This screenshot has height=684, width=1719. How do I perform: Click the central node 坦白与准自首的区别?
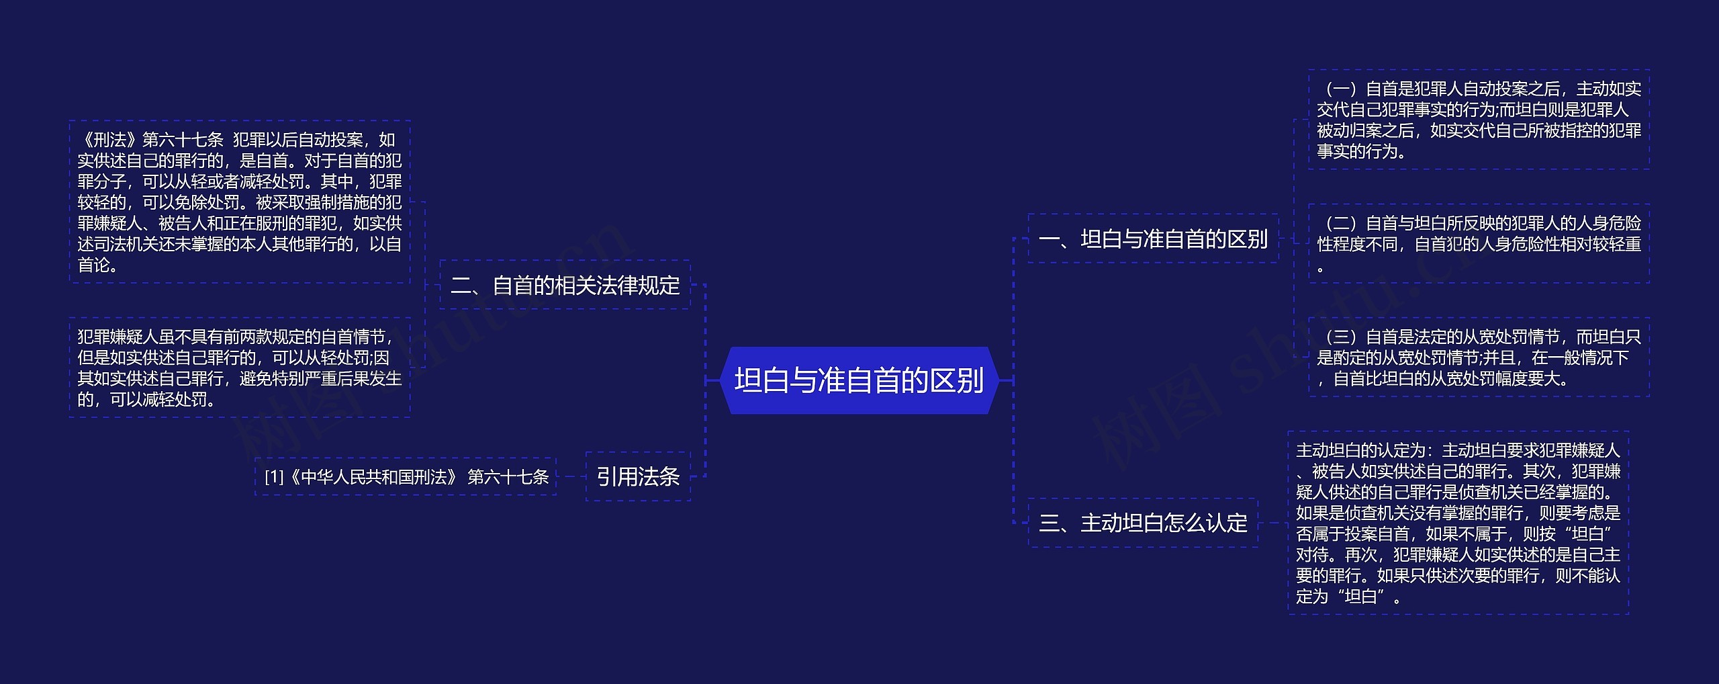pyautogui.click(x=859, y=380)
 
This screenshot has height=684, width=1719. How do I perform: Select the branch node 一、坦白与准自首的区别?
pyautogui.click(x=1153, y=239)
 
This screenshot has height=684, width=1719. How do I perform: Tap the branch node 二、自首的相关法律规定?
pyautogui.click(x=565, y=285)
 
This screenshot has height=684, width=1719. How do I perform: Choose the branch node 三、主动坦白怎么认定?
pyautogui.click(x=1143, y=523)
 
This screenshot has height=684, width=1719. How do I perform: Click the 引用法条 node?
pyautogui.click(x=638, y=476)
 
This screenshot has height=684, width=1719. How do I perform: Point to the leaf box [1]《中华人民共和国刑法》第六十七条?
pyautogui.click(x=406, y=476)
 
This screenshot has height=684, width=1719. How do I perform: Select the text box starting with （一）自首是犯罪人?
pyautogui.click(x=1479, y=120)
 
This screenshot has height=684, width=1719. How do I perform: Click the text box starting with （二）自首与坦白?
pyautogui.click(x=1479, y=243)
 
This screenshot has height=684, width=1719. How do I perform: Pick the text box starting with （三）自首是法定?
pyautogui.click(x=1479, y=357)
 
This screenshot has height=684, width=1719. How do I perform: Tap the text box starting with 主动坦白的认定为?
pyautogui.click(x=1458, y=523)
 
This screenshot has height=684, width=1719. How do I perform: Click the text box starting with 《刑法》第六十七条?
pyautogui.click(x=240, y=202)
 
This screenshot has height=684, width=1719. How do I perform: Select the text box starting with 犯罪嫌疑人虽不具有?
pyautogui.click(x=240, y=368)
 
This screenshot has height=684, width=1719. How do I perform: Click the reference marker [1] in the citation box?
pyautogui.click(x=274, y=477)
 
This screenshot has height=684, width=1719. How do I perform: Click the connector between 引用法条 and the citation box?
pyautogui.click(x=571, y=476)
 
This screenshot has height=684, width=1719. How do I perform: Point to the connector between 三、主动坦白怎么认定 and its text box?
pyautogui.click(x=1273, y=523)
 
